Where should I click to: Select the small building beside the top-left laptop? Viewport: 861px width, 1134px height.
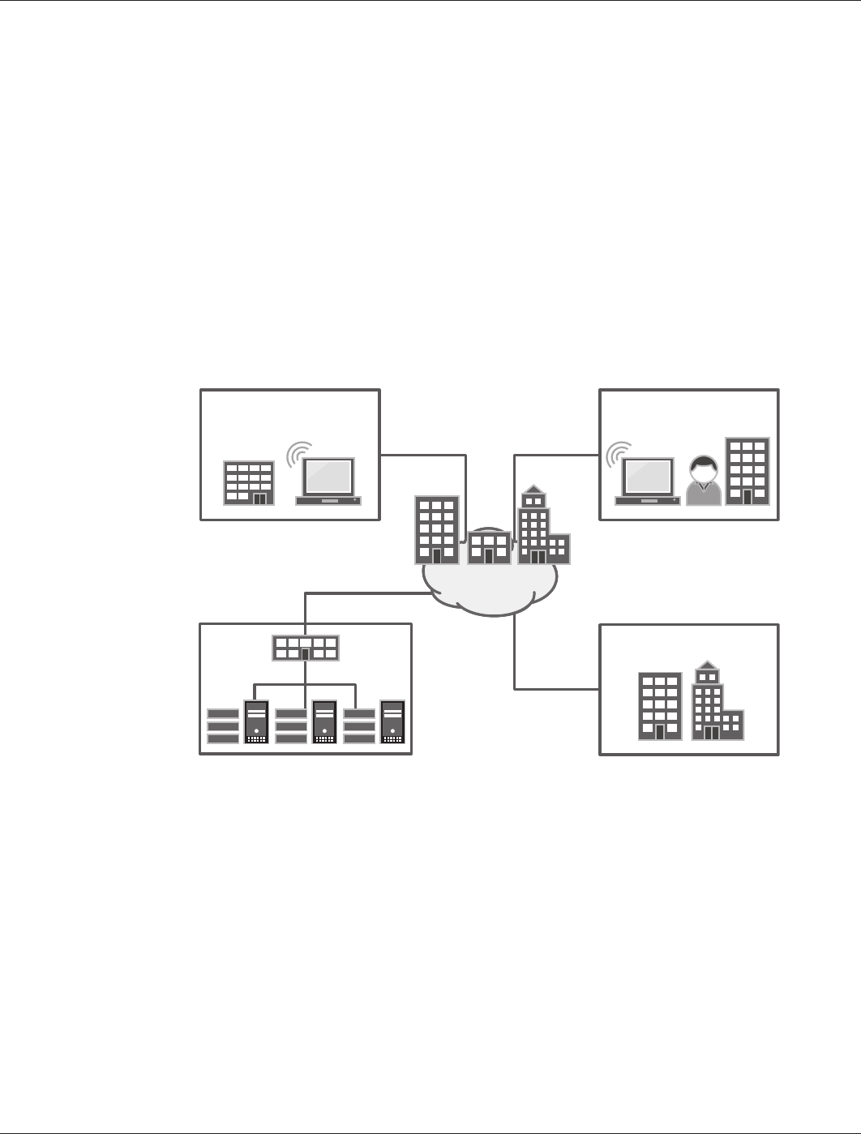(x=249, y=483)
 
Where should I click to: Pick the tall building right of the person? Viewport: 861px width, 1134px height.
(x=747, y=472)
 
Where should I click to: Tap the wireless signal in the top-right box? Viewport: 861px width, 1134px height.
(x=619, y=454)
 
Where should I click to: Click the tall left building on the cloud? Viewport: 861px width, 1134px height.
(x=437, y=530)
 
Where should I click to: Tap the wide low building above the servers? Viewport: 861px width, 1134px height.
(x=305, y=648)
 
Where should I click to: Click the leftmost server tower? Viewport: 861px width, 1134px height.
(x=256, y=721)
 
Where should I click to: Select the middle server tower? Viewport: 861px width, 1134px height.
(x=324, y=721)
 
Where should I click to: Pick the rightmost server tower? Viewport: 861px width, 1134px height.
(x=392, y=721)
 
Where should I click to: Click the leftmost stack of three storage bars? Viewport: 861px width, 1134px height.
(x=223, y=726)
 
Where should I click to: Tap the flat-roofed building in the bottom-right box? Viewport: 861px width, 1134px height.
(x=660, y=706)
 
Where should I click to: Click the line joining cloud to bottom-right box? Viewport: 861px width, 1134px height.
(x=515, y=657)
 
